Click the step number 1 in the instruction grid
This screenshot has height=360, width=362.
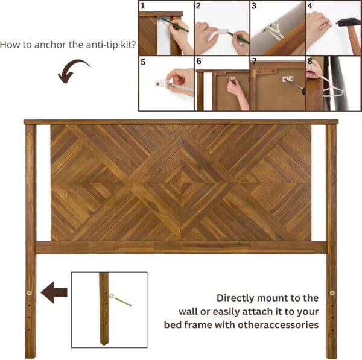point(142,6)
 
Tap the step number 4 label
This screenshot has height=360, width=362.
point(310,6)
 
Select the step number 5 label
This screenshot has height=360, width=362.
point(143,62)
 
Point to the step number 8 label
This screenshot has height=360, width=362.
point(310,61)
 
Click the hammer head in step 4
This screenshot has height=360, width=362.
point(349,22)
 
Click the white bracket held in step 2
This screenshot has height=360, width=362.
point(222,31)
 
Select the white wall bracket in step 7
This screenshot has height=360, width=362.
point(288,78)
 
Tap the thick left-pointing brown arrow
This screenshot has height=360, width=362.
point(54,292)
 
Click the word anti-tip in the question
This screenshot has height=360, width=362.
point(103,45)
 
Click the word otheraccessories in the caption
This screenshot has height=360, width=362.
point(278,325)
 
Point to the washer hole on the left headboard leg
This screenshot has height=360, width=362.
point(30,293)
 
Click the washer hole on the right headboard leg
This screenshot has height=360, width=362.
point(332,293)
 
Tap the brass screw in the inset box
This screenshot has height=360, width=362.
point(123,302)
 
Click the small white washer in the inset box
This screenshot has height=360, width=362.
point(112,295)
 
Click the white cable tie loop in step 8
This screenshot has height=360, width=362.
point(332,91)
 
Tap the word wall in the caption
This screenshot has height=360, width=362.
point(188,312)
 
